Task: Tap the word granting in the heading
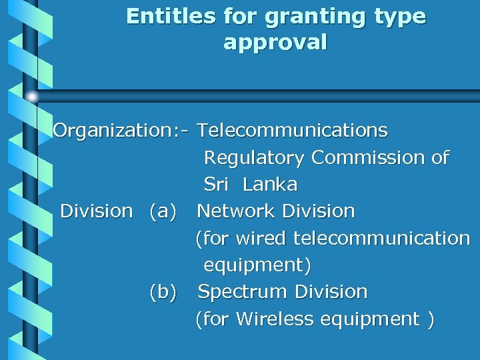coord(306,17)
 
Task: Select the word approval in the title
coord(275,43)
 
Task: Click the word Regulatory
coord(254,158)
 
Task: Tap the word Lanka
coord(270,184)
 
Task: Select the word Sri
coord(215,184)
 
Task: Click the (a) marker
coord(163,211)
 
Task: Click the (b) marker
coord(163,292)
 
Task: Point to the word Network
coord(237,211)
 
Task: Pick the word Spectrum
coord(243,292)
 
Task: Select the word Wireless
coord(275,319)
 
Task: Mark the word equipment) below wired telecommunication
coord(257,265)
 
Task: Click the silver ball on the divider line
coord(32,97)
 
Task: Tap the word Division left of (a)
coord(97,211)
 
